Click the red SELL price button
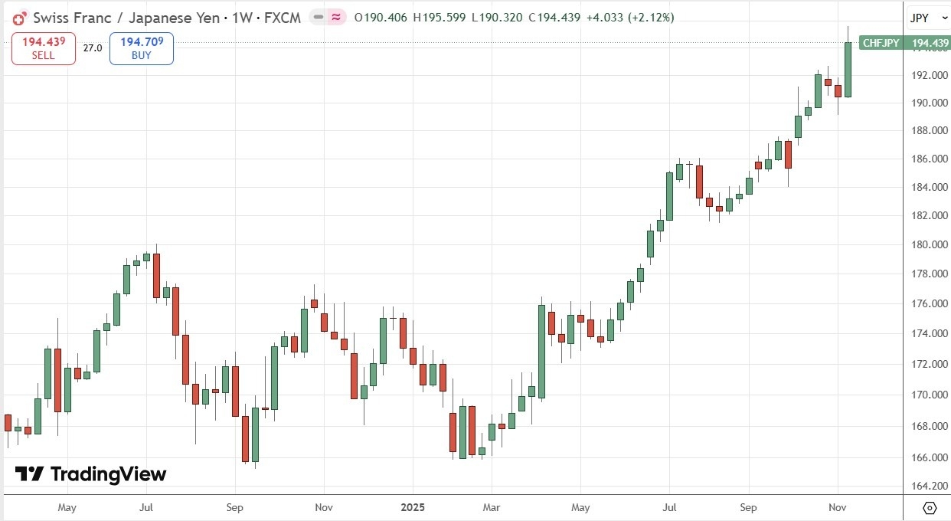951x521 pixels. (x=44, y=48)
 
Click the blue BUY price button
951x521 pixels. (x=141, y=48)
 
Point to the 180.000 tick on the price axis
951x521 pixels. (x=926, y=244)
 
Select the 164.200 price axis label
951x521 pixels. (x=926, y=486)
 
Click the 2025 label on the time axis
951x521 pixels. (x=412, y=507)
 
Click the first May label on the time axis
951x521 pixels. (x=67, y=507)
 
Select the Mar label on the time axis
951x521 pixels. (x=491, y=507)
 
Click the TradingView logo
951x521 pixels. (x=90, y=474)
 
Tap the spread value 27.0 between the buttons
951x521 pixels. (x=93, y=48)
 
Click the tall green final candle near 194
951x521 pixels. (x=848, y=69)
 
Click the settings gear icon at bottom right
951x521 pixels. (x=930, y=507)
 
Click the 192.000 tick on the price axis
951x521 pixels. (x=926, y=75)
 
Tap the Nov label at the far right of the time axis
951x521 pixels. (x=836, y=507)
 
